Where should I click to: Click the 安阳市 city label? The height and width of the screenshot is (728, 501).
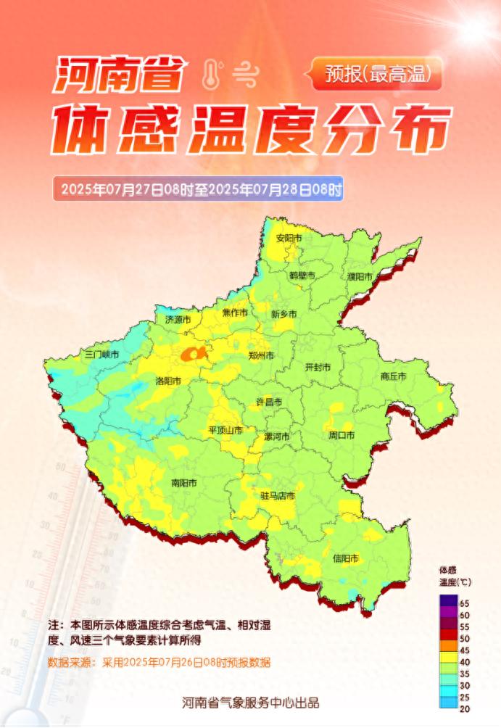[x=289, y=238]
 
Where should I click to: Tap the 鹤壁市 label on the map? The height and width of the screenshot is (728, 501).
[x=302, y=276]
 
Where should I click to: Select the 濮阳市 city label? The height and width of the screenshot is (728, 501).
[x=360, y=277]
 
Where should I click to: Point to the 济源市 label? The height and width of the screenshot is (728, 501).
[x=178, y=319]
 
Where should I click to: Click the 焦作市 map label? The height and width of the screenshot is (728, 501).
[x=235, y=313]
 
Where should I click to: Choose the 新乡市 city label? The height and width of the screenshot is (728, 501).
[x=283, y=315]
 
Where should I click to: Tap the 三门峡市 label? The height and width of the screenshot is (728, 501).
[x=102, y=355]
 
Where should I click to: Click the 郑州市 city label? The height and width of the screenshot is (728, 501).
[x=261, y=356]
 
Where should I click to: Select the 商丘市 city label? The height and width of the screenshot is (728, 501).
[x=393, y=376]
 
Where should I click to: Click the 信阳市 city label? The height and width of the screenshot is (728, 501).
[x=346, y=558]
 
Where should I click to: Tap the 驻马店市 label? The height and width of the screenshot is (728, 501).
[x=278, y=497]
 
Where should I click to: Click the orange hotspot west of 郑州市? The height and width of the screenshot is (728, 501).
[x=194, y=353]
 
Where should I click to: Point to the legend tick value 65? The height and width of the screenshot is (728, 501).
[x=465, y=603]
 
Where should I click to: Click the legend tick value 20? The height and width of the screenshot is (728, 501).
[x=465, y=708]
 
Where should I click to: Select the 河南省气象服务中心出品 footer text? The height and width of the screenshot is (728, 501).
[x=250, y=702]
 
